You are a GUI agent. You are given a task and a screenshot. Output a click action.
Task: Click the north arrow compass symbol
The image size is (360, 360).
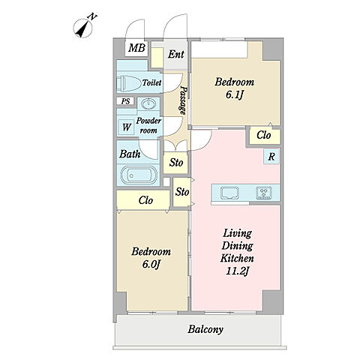[83, 28]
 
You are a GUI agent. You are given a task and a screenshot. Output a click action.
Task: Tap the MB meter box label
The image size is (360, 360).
[136, 48]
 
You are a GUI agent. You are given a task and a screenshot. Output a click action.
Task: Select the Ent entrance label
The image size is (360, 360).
[176, 54]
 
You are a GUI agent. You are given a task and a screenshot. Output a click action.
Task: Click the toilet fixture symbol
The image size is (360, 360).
[129, 83]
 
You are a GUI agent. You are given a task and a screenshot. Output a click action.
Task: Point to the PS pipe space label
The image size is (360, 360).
[125, 101]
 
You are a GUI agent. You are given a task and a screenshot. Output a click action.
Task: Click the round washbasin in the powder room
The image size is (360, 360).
[148, 103]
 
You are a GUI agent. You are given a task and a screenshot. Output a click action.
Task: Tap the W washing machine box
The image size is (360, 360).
[126, 127]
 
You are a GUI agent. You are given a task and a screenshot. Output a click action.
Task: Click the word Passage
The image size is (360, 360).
[184, 100]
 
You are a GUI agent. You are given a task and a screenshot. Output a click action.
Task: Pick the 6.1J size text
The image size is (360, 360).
[235, 95]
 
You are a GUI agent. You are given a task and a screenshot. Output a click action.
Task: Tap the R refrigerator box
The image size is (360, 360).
[271, 157]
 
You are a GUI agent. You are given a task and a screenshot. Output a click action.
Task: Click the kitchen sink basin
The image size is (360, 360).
[229, 193]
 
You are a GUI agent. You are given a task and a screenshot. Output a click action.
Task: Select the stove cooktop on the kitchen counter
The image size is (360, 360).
[264, 193]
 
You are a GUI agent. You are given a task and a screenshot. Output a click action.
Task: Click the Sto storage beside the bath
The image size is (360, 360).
[175, 163]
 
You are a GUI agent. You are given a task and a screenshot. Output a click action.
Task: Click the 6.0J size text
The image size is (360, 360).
[151, 264]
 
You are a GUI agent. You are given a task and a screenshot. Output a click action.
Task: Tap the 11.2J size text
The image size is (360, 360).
[237, 271]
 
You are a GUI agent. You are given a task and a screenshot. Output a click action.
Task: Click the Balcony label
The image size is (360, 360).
[205, 329]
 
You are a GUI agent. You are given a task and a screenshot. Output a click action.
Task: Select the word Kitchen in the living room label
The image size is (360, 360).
[237, 258]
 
